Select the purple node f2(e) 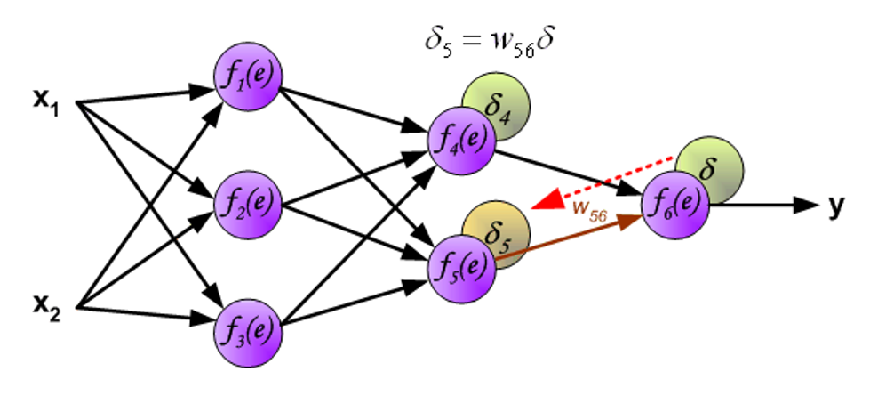click(248, 203)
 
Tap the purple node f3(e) click(248, 329)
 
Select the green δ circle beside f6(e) click(711, 166)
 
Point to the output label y click(836, 206)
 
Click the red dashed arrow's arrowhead click(543, 203)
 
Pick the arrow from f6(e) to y click(764, 205)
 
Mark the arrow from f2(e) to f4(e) click(355, 177)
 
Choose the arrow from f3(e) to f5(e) click(355, 303)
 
